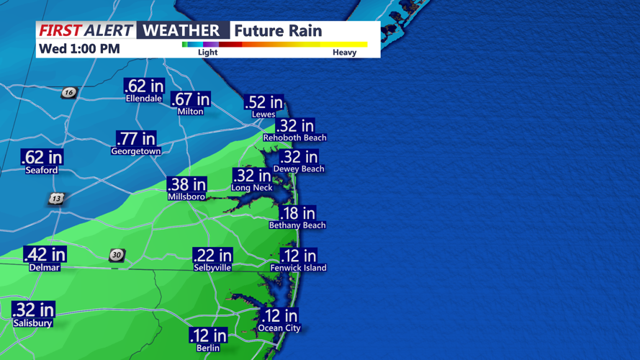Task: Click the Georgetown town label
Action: [136, 151]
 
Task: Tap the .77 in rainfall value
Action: [136, 138]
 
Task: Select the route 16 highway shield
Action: [68, 92]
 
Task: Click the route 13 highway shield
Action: [57, 198]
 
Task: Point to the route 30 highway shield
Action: [117, 255]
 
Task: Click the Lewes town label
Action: [263, 114]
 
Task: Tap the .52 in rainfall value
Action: [263, 102]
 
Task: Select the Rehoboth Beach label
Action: [294, 138]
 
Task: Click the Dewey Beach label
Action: [299, 168]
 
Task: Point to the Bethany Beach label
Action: [297, 225]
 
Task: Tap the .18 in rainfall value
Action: [297, 212]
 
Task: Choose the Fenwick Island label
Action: [298, 267]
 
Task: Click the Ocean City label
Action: [279, 328]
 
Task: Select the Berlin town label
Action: [208, 348]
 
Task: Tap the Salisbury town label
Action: [32, 323]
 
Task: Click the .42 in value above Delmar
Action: [45, 254]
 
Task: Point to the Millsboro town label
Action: [186, 197]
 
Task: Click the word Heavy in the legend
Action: [344, 52]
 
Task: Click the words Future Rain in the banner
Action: [278, 30]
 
